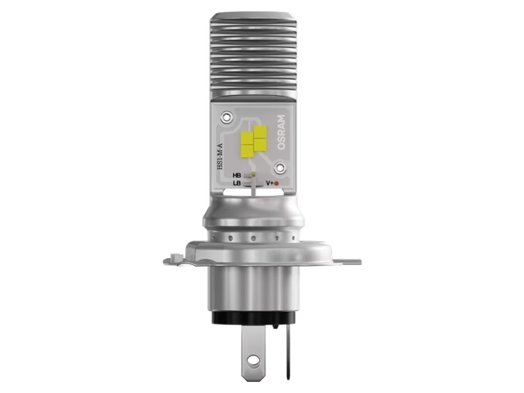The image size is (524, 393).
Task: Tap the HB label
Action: (x=237, y=176)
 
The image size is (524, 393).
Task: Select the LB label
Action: (x=237, y=184)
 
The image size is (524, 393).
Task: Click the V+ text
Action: (x=269, y=183)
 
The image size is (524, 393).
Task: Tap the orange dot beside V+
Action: (x=277, y=183)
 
